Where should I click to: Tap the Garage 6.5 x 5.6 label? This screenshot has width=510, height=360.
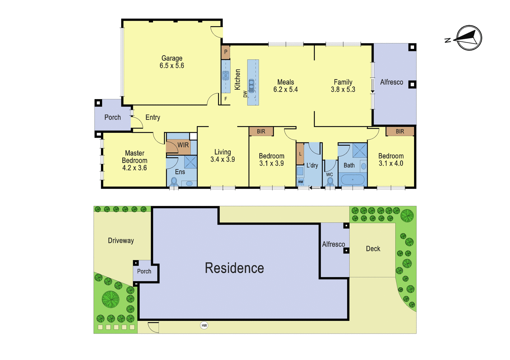[x=172, y=62]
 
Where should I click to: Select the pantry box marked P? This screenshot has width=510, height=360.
[x=225, y=52]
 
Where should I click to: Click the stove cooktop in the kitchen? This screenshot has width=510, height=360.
[x=226, y=76]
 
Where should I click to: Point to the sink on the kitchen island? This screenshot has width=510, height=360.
[x=251, y=86]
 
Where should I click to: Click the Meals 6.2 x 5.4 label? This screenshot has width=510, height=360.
[x=286, y=86]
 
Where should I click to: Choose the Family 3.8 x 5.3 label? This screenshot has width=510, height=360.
[x=343, y=86]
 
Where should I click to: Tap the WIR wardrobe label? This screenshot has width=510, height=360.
[x=183, y=145]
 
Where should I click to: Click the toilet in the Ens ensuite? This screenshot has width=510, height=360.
[x=174, y=182]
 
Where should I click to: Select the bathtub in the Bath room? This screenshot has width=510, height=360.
[x=353, y=180]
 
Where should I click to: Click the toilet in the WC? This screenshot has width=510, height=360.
[x=330, y=182]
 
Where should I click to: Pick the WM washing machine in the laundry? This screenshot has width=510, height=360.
[x=300, y=182]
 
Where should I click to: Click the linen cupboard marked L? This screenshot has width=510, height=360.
[x=300, y=154]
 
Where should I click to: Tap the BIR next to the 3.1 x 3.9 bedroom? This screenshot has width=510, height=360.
[x=261, y=131]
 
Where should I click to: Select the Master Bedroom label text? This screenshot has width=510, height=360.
[x=135, y=157]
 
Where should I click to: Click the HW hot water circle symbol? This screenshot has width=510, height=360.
[x=204, y=325]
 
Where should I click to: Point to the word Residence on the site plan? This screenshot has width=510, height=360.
[x=234, y=268]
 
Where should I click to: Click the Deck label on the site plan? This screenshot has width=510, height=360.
[x=373, y=249]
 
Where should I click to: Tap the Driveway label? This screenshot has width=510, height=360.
[x=121, y=241]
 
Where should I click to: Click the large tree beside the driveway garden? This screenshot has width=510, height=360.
[x=111, y=299]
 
